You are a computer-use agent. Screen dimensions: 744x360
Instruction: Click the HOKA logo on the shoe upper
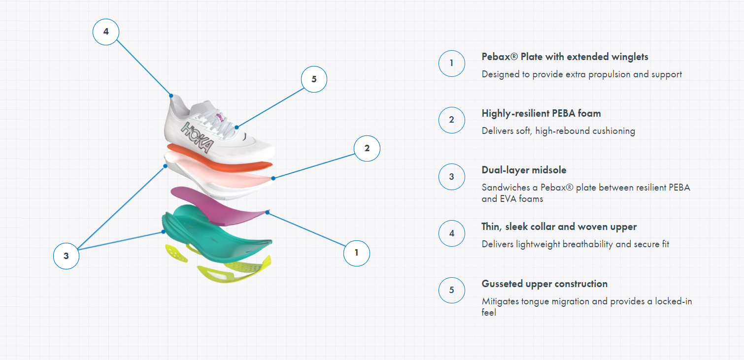(197, 137)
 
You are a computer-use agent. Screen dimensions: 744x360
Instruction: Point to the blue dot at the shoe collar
(171, 96)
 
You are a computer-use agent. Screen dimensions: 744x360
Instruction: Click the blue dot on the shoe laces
(237, 127)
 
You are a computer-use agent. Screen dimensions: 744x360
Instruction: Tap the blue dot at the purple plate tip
(268, 212)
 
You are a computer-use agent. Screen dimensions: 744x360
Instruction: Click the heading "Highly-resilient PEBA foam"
(541, 114)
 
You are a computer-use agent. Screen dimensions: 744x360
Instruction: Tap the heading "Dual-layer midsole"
(524, 170)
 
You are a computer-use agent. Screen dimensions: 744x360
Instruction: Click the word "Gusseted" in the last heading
(502, 284)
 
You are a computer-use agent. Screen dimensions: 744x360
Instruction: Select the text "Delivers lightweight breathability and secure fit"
(575, 244)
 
